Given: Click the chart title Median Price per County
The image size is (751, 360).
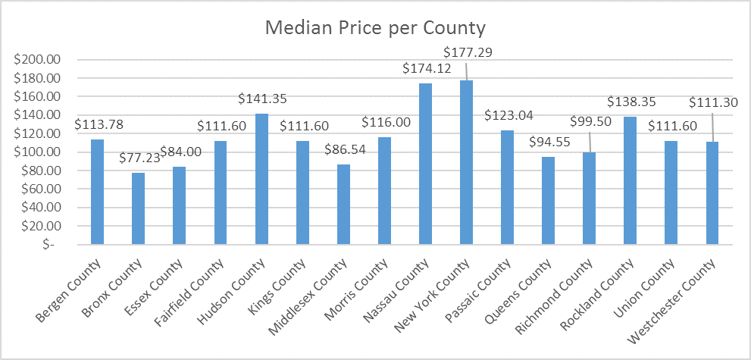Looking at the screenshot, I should coord(374,29).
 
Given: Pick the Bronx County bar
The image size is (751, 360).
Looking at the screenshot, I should coord(138,208).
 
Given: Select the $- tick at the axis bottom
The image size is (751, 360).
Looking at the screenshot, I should coord(64,245).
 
